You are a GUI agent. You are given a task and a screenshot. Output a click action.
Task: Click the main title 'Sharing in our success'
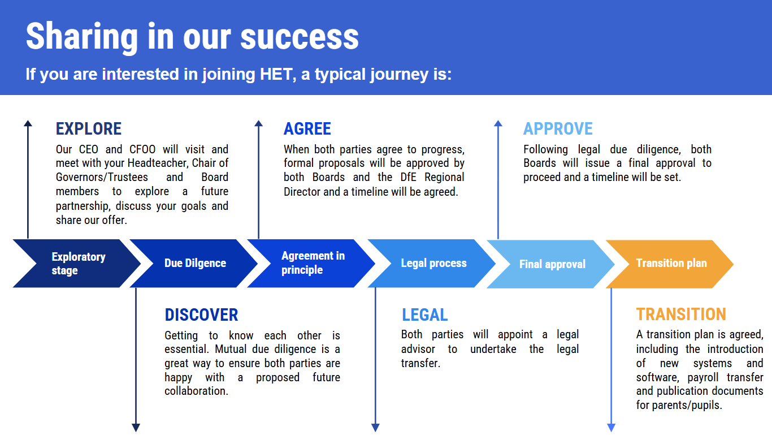tap(192, 37)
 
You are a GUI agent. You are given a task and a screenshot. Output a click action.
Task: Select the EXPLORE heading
tap(89, 128)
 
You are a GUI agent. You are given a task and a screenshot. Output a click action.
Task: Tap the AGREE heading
tap(307, 128)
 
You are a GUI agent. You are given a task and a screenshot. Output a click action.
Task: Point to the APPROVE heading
tap(558, 128)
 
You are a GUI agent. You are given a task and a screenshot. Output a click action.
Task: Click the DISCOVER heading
tap(201, 315)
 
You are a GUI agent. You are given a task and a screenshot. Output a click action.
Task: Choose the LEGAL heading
tap(424, 315)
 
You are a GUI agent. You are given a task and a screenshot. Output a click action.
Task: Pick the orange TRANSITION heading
tap(681, 314)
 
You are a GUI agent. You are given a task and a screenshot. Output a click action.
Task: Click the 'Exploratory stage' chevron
tap(76, 264)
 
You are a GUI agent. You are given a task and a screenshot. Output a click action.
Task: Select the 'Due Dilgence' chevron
tap(194, 264)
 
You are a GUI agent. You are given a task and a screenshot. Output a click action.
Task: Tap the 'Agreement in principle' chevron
tap(311, 264)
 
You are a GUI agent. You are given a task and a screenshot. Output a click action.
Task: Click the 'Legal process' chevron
tap(431, 264)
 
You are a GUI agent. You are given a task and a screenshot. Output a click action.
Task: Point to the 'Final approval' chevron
tap(550, 264)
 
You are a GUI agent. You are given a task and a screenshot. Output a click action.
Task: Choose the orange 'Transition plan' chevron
tap(670, 264)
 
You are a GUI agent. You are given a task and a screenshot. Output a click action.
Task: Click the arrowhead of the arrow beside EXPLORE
tap(28, 123)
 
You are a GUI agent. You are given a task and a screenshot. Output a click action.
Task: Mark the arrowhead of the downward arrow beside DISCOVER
tap(136, 428)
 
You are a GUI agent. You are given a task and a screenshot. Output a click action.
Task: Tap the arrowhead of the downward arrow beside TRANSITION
tap(611, 428)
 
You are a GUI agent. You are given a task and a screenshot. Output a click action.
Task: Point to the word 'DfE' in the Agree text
tap(409, 177)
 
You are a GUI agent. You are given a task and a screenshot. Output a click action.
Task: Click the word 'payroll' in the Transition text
tap(702, 378)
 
